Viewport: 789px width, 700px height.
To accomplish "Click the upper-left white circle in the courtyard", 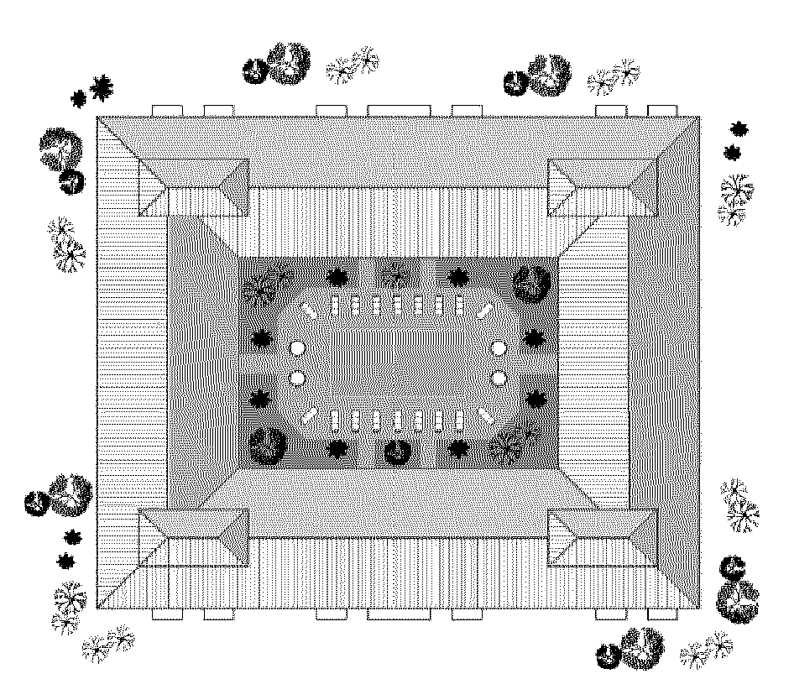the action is [295, 347].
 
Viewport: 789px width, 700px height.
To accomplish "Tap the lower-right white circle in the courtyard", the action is [499, 379].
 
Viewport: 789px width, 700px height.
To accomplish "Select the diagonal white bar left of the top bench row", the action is [310, 310].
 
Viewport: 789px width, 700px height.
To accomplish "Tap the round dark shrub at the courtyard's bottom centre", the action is [397, 452].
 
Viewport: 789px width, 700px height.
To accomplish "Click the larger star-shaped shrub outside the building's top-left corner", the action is [102, 86].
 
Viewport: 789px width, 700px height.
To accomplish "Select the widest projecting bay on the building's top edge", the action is [399, 110].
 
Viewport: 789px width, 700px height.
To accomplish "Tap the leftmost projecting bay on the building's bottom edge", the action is [167, 614].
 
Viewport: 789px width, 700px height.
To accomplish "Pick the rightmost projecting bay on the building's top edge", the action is [663, 110].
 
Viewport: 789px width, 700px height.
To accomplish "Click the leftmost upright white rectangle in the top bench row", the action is [335, 306].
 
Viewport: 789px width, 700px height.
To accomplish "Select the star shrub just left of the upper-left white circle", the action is [261, 340].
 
